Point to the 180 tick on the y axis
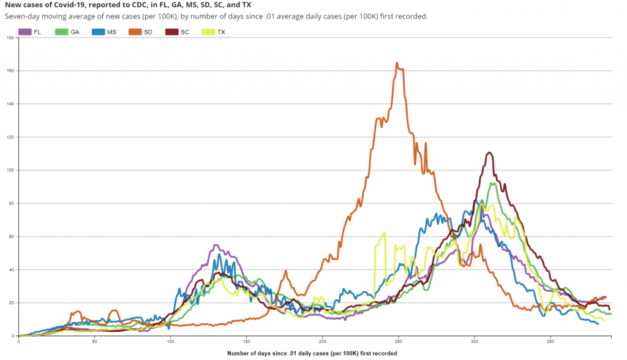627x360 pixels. point(10,38)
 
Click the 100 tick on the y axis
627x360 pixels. point(10,170)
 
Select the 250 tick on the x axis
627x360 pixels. point(399,341)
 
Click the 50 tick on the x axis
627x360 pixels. point(94,341)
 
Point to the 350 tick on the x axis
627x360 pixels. point(550,341)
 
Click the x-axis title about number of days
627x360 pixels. point(312,353)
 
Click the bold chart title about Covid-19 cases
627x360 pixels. point(128,5)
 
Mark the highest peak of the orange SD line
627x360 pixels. point(397,63)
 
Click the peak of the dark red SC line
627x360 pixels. point(489,152)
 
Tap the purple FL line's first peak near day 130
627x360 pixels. point(216,245)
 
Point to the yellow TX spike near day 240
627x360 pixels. point(384,233)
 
